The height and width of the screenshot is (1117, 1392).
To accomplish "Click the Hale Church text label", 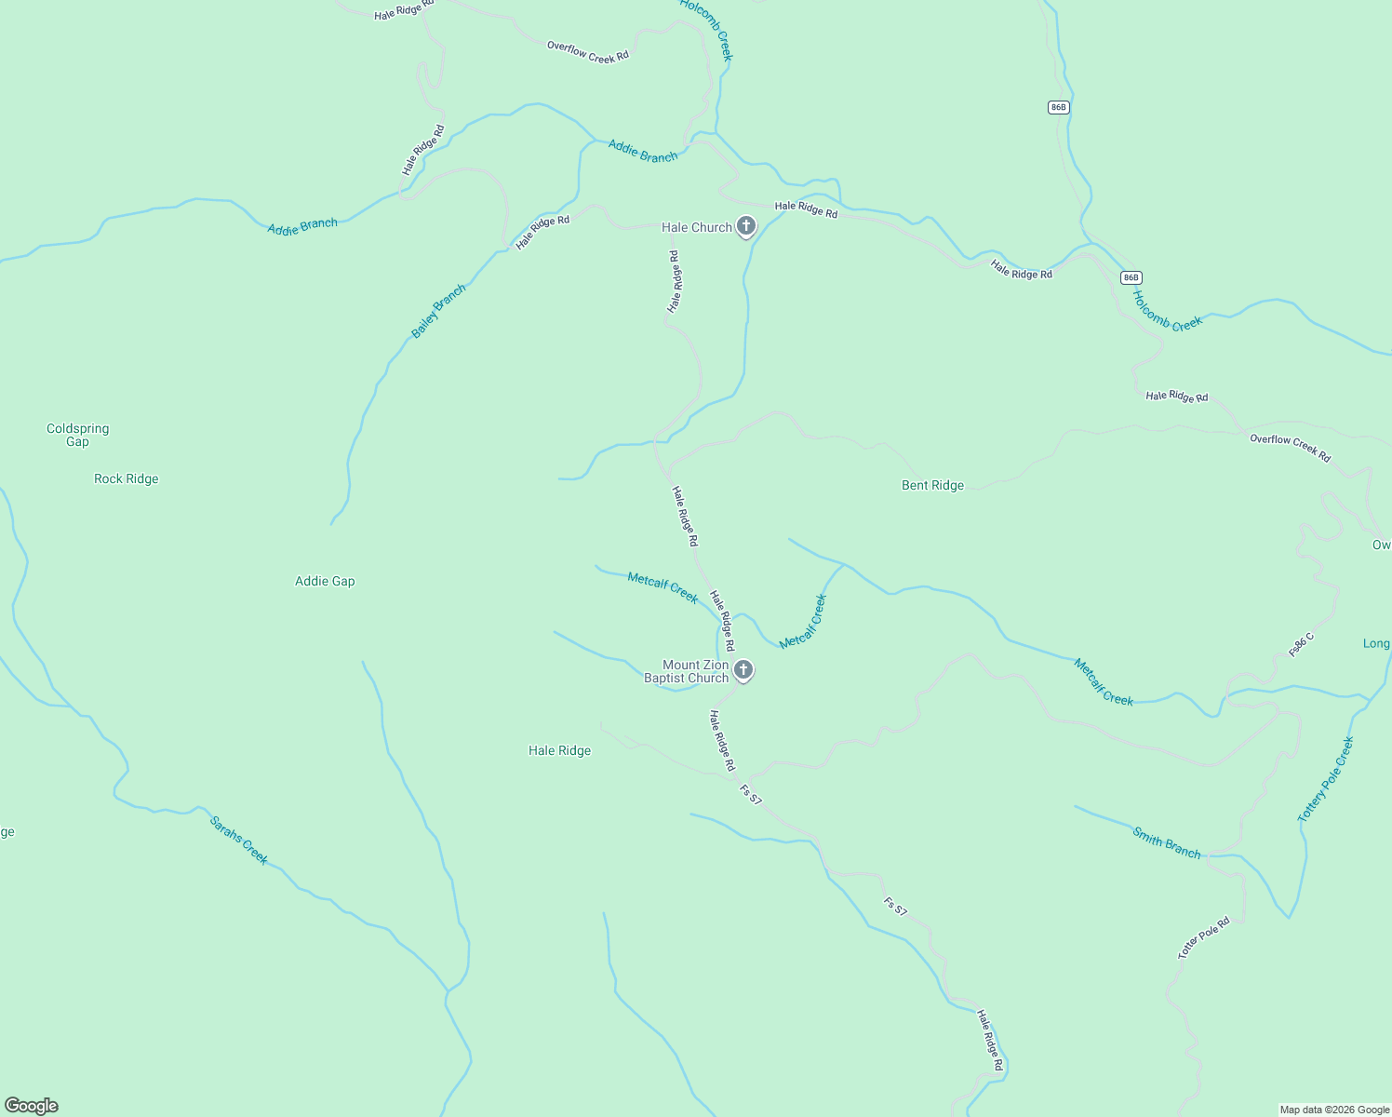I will click(696, 227).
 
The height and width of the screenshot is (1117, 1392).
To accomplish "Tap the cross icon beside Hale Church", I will click(745, 226).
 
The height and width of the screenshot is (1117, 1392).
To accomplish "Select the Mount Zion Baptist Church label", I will click(687, 671).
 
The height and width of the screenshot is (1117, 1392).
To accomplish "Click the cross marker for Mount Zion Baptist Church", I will click(743, 669).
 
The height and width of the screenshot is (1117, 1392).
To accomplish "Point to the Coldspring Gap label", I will click(78, 435).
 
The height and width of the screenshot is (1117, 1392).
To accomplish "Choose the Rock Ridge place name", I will click(127, 478).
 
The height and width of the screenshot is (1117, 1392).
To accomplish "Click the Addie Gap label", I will click(325, 581).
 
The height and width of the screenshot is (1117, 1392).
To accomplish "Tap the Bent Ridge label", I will click(932, 485).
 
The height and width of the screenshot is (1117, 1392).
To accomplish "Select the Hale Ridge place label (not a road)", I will click(559, 750).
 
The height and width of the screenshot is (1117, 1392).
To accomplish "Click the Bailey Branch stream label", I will click(438, 311).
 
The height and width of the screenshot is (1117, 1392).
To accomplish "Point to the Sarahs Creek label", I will click(239, 841).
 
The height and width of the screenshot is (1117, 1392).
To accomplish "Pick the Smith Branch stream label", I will click(1166, 842).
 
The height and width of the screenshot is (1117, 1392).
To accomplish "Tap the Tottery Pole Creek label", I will click(1326, 779).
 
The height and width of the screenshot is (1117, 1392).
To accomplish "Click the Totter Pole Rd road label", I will click(1204, 937).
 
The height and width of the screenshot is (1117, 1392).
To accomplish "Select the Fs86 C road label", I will click(1302, 644).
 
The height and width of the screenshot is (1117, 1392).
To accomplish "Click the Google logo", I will click(32, 1106).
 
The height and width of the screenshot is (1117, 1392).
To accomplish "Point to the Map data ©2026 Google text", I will click(1334, 1110).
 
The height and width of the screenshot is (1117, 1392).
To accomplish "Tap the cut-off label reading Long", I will click(1376, 643).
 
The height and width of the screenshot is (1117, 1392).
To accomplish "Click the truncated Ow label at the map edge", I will click(1381, 545).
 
